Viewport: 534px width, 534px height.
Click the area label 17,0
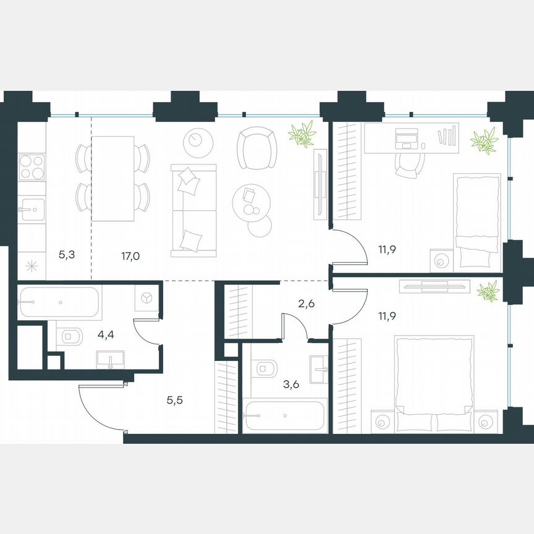point(130,254)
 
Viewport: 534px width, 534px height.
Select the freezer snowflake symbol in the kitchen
point(31,266)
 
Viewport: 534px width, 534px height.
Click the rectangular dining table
point(112,179)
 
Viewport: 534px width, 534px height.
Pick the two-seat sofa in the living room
point(194,210)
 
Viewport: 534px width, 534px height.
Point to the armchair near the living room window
point(256,148)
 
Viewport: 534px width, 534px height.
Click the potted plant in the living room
point(302,133)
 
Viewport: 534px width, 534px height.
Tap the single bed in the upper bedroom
point(477,221)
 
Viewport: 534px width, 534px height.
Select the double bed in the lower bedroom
point(434,383)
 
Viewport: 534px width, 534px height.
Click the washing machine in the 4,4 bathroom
point(148,298)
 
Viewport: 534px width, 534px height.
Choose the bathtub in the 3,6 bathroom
point(283,417)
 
